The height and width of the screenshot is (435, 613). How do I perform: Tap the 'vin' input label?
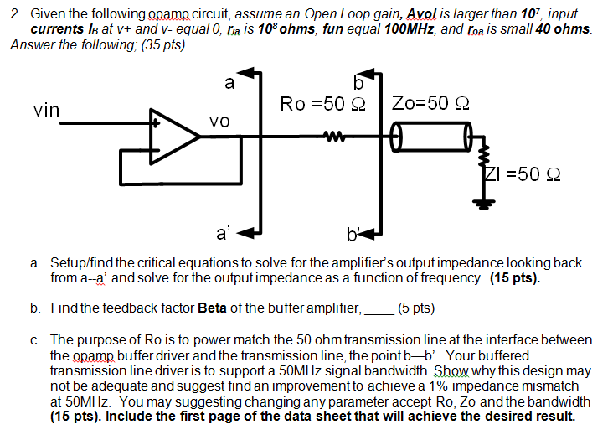click(46, 110)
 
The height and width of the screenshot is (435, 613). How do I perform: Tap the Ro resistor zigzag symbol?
click(335, 133)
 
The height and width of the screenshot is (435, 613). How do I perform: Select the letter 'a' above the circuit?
click(229, 82)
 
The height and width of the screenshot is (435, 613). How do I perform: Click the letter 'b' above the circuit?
click(360, 82)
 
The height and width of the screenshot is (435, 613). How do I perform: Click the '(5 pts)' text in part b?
click(416, 308)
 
